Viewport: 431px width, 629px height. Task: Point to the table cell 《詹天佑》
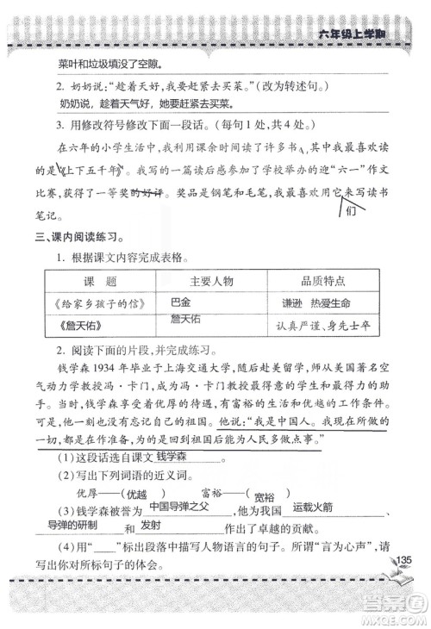point(75,326)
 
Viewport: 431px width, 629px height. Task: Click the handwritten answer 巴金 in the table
point(179,302)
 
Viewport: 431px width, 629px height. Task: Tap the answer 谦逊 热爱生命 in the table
point(321,303)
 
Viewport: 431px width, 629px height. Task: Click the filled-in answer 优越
point(137,471)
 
